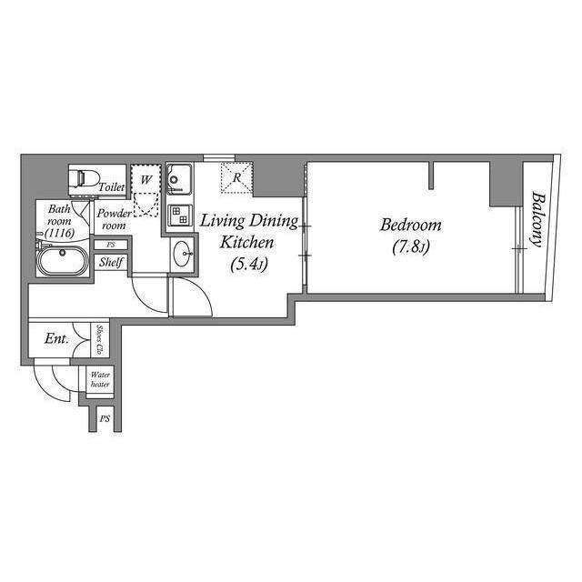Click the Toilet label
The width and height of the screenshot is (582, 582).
[112, 186]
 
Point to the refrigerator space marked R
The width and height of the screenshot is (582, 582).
[236, 178]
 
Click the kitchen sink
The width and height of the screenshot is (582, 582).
[179, 179]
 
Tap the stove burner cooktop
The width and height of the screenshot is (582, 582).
[180, 216]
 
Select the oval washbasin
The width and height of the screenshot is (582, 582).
[183, 254]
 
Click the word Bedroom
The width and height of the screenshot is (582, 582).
[411, 225]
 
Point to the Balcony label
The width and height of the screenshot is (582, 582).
[537, 219]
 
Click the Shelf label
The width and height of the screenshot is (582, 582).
[111, 262]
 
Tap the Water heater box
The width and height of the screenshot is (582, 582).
[100, 380]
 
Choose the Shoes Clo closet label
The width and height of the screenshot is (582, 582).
[99, 339]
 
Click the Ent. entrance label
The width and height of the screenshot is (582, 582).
[56, 338]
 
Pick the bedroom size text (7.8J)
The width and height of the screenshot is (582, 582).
[411, 247]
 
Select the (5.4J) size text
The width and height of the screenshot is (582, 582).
[249, 265]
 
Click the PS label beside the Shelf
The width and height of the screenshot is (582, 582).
[111, 245]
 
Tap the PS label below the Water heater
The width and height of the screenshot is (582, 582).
[105, 418]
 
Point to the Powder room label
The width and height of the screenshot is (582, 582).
[114, 219]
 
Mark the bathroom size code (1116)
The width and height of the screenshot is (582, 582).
[59, 233]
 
